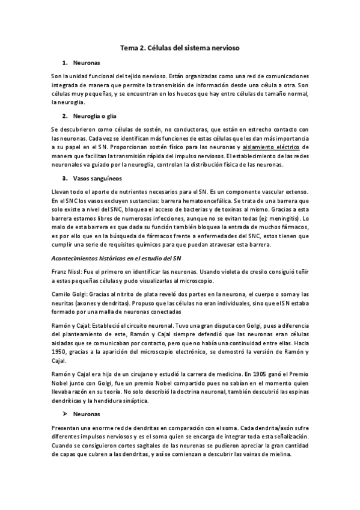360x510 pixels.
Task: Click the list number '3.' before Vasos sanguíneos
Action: (x=64, y=179)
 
